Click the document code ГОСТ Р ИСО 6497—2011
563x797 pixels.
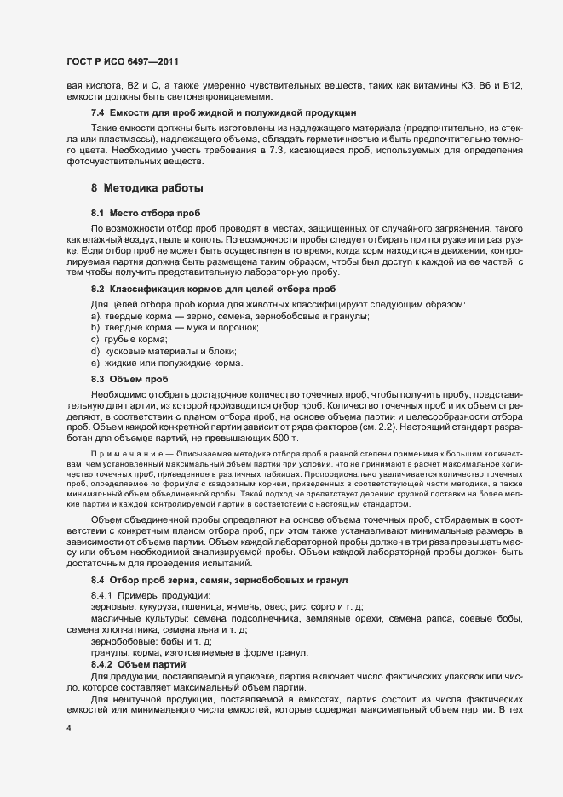click(122, 63)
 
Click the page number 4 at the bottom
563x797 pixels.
click(68, 728)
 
